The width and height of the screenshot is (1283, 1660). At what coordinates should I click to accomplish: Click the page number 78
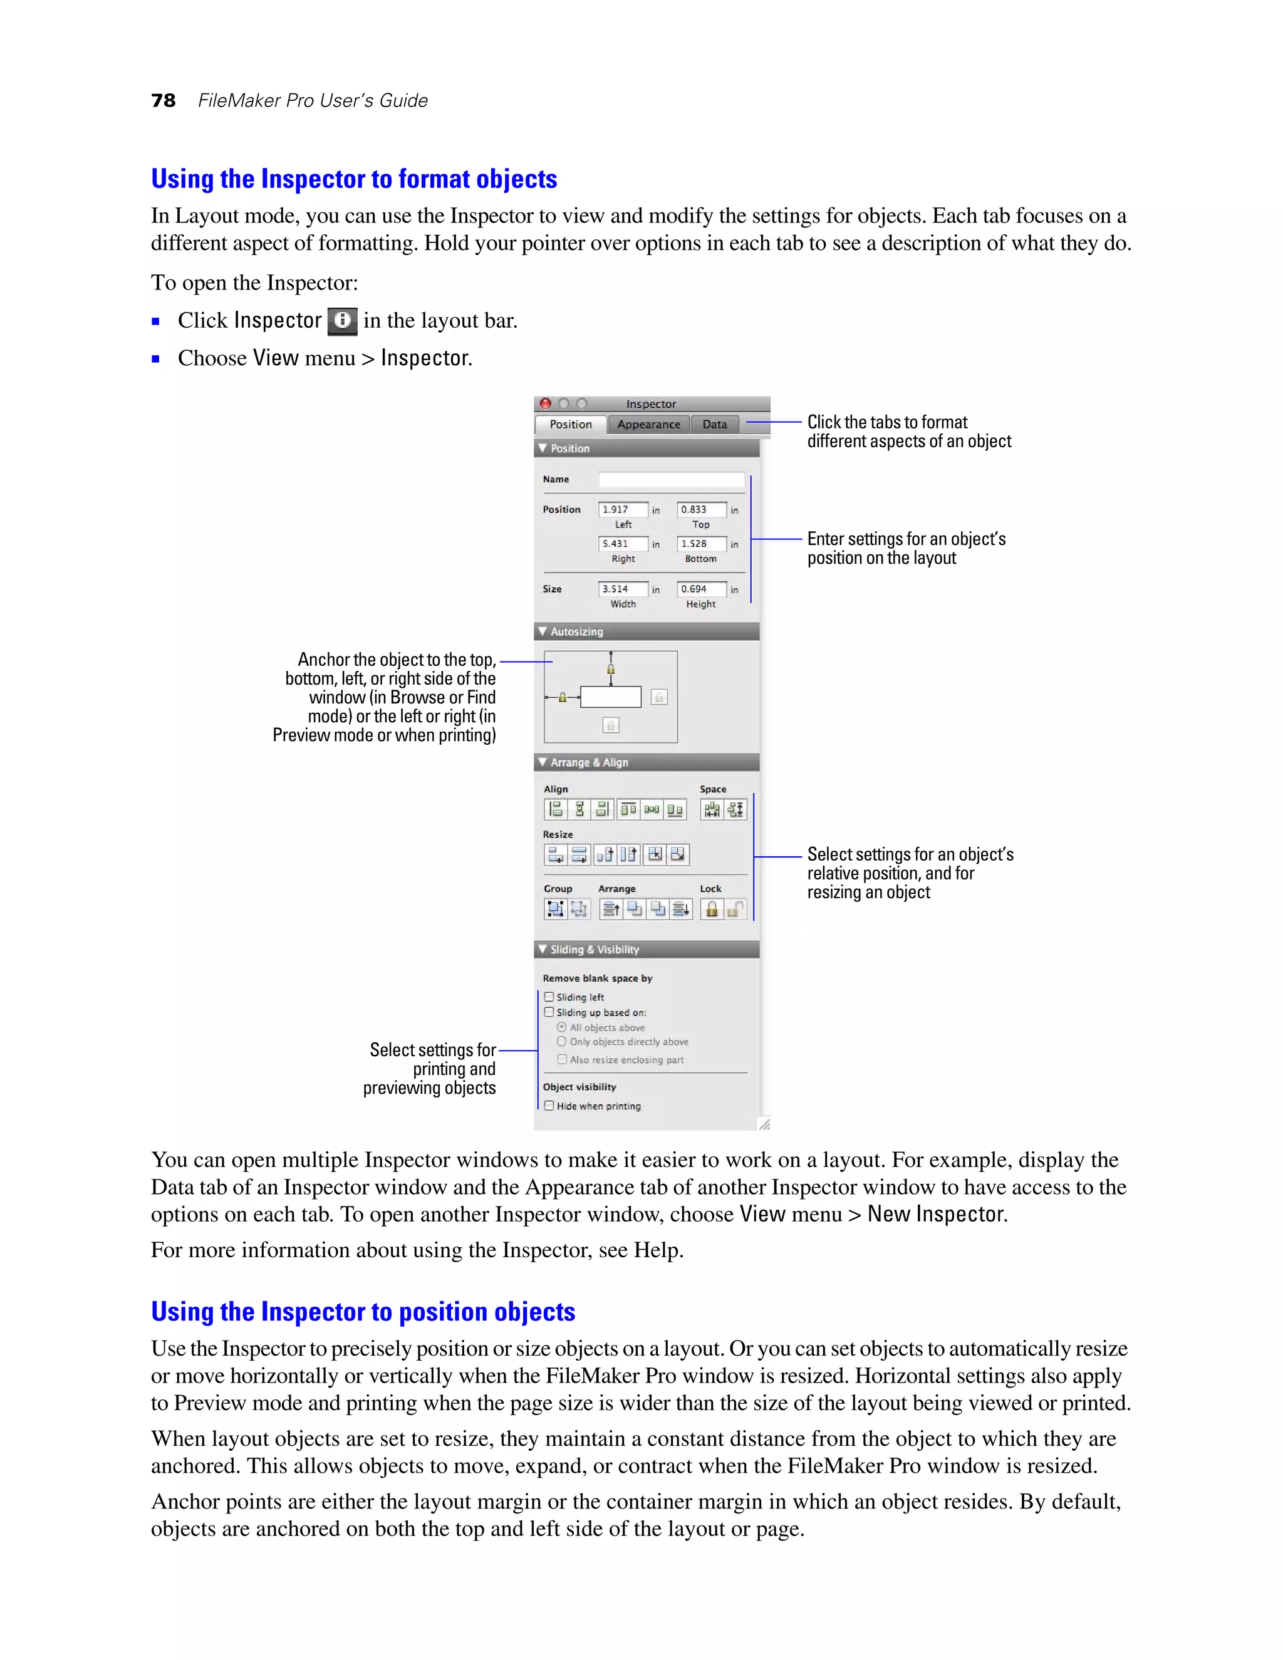click(x=164, y=100)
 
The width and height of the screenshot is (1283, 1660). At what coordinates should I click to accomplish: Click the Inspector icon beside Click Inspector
click(x=342, y=321)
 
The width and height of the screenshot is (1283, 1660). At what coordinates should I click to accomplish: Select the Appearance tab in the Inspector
click(x=648, y=424)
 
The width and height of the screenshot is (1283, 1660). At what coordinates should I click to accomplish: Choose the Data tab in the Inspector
click(x=714, y=424)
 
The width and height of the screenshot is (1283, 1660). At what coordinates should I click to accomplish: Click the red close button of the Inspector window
click(x=545, y=403)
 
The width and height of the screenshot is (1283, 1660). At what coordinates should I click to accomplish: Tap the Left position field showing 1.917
click(x=623, y=509)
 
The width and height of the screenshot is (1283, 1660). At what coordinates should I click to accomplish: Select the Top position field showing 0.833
click(x=701, y=509)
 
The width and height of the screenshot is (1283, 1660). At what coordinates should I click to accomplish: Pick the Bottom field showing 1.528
click(x=701, y=544)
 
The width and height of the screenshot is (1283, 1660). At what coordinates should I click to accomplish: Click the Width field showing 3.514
click(x=623, y=589)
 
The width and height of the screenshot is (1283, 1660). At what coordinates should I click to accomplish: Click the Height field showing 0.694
click(x=701, y=589)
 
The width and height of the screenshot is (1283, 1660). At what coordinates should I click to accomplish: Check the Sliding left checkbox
click(x=549, y=997)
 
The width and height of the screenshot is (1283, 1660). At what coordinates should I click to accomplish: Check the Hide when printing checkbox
click(x=549, y=1106)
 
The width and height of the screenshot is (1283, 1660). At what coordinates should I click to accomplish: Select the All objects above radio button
click(x=562, y=1027)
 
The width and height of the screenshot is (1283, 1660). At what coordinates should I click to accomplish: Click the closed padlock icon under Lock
click(x=712, y=909)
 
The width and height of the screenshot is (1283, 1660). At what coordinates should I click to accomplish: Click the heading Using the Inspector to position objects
click(x=363, y=1312)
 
